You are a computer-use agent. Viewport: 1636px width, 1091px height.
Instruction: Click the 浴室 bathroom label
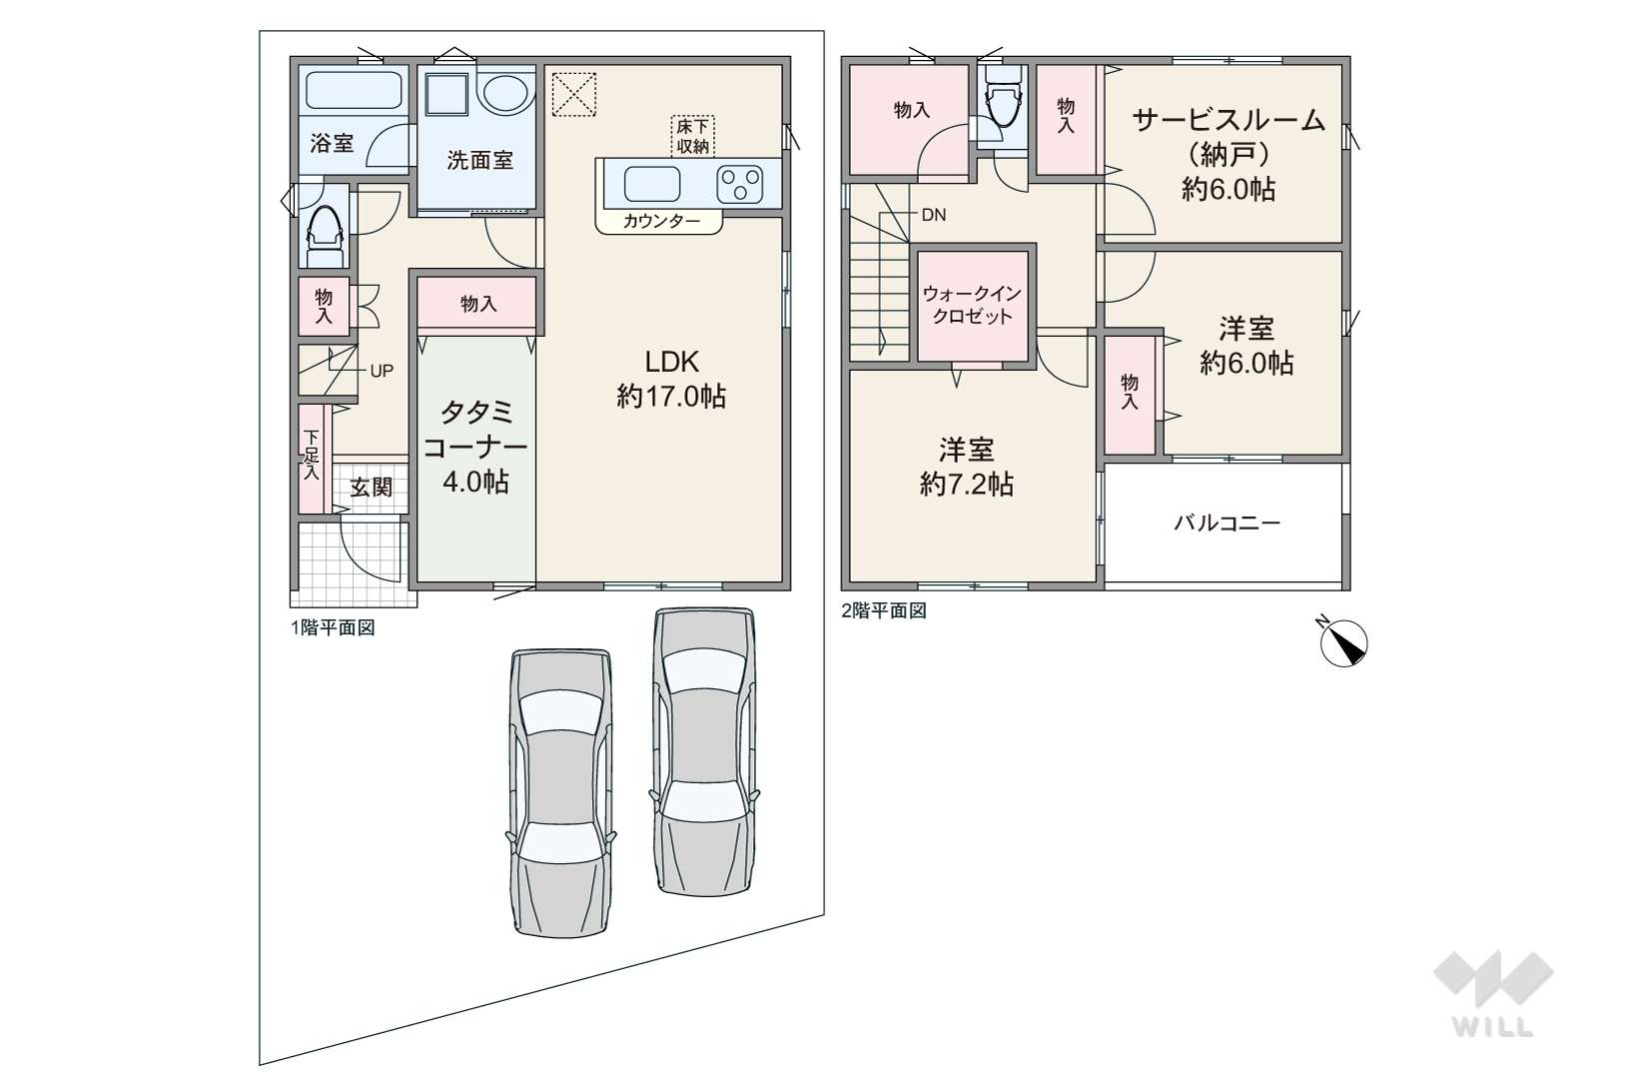[x=332, y=143]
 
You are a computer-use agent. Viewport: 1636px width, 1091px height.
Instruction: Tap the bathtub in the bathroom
[x=354, y=91]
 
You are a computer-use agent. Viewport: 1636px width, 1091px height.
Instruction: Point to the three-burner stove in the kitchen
[x=740, y=184]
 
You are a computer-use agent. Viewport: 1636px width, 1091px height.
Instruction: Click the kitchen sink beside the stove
[x=652, y=184]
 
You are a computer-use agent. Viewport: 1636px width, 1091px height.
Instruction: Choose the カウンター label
[x=661, y=221]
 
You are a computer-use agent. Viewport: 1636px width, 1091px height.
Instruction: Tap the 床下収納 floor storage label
[x=692, y=136]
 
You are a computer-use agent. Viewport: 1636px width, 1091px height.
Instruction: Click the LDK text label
[x=671, y=362]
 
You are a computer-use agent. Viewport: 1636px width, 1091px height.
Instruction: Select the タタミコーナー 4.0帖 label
[x=475, y=448]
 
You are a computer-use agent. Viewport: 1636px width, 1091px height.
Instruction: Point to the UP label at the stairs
[x=382, y=372]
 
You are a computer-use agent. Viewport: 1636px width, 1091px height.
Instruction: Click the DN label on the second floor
[x=934, y=215]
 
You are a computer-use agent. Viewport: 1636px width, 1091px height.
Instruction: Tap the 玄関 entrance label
[x=371, y=488]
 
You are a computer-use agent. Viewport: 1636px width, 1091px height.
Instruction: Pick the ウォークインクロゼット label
[x=972, y=306]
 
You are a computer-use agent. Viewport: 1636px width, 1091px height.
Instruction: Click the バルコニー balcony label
[x=1227, y=524]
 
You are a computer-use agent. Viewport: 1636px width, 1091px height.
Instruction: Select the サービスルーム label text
[x=1228, y=121]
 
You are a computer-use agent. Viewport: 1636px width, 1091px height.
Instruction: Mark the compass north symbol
[x=1343, y=642]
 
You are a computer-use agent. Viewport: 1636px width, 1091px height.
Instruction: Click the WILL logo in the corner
[x=1493, y=993]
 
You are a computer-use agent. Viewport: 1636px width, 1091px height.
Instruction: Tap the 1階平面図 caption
[x=333, y=627]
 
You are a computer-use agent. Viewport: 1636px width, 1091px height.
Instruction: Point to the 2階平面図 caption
[x=884, y=610]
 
